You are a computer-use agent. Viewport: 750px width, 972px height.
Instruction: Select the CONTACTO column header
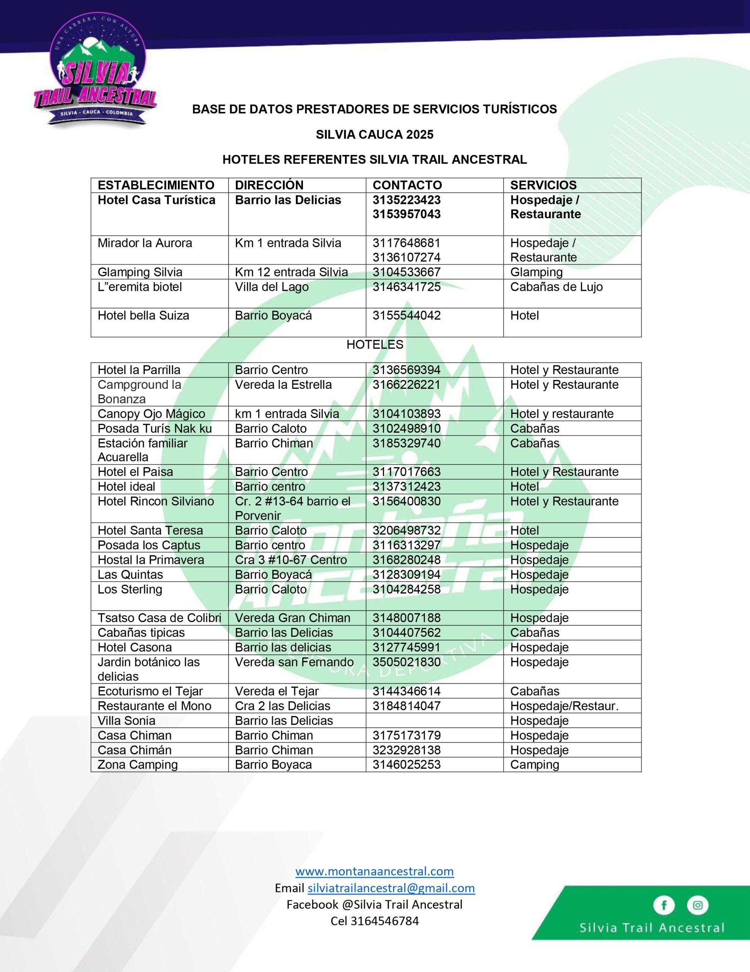pyautogui.click(x=407, y=185)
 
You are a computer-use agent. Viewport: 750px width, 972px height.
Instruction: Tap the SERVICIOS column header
pyautogui.click(x=543, y=185)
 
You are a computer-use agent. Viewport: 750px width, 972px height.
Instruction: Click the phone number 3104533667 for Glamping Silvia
pyautogui.click(x=406, y=272)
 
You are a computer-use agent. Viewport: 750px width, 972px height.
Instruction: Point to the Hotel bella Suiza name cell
pyautogui.click(x=143, y=316)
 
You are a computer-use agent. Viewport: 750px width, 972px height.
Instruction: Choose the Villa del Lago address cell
pyautogui.click(x=271, y=287)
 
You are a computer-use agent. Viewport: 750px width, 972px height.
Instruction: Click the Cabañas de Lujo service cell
pyautogui.click(x=556, y=287)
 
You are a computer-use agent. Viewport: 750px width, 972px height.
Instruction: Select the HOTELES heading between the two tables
pyautogui.click(x=375, y=344)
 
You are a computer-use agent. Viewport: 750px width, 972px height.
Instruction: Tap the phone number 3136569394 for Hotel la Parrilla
pyautogui.click(x=406, y=370)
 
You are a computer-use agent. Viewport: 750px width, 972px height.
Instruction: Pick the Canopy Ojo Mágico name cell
pyautogui.click(x=151, y=413)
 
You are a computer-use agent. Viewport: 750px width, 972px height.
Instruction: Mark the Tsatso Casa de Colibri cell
pyautogui.click(x=159, y=618)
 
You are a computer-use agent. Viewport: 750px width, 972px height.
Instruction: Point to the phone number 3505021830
pyautogui.click(x=406, y=662)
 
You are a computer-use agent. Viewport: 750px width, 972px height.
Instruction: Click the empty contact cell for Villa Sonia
pyautogui.click(x=434, y=721)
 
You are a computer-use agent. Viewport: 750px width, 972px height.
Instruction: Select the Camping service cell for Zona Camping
pyautogui.click(x=534, y=765)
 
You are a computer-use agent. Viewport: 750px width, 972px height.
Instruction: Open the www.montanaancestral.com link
pyautogui.click(x=374, y=871)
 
